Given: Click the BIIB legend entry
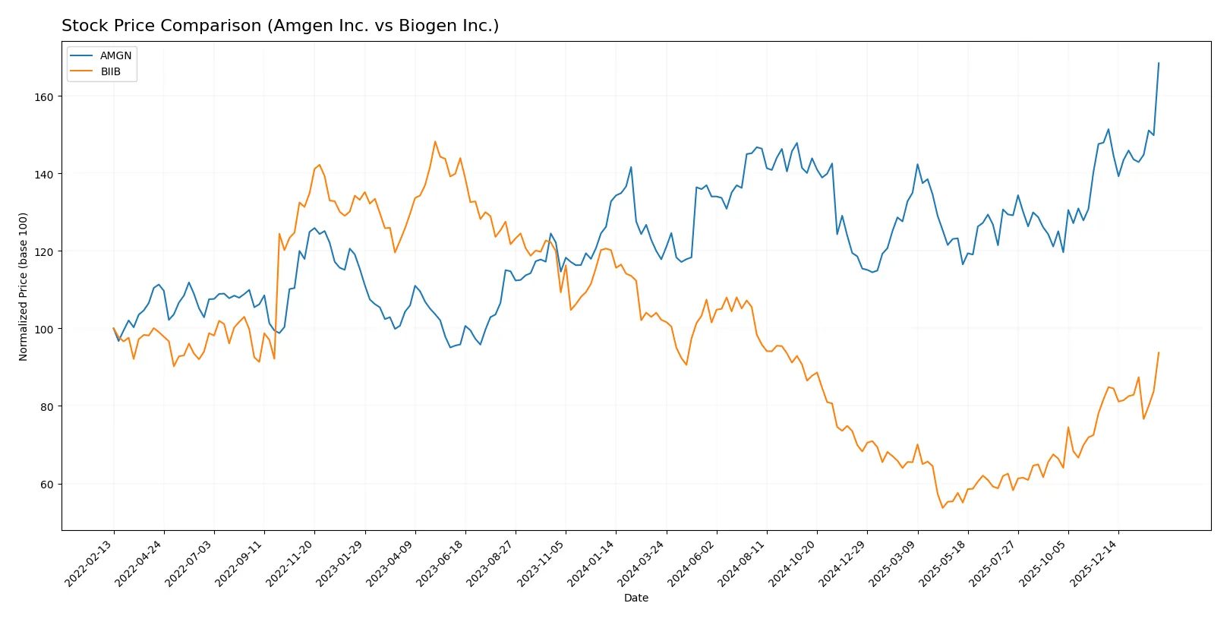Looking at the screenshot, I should click(110, 71).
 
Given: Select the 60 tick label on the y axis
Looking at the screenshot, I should click(47, 485).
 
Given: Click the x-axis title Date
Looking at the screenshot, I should click(635, 598).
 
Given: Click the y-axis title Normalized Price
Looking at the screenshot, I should click(24, 286).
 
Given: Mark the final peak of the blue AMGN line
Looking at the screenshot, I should click(1159, 63).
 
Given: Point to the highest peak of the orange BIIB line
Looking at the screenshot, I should click(435, 141).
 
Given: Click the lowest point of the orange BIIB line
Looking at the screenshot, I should click(942, 507).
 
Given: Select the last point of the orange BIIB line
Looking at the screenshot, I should click(1159, 352).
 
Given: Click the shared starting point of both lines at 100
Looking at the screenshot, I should click(114, 329).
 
